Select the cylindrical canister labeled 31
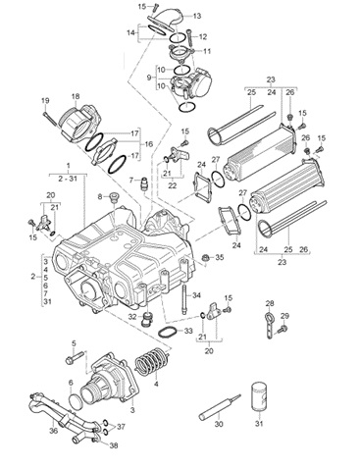tap(259, 397)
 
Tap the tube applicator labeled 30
tap(220, 407)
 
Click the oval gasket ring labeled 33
tap(169, 333)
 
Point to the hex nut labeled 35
tap(206, 257)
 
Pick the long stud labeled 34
tap(184, 299)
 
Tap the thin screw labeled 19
tap(50, 118)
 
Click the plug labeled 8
tap(114, 198)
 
